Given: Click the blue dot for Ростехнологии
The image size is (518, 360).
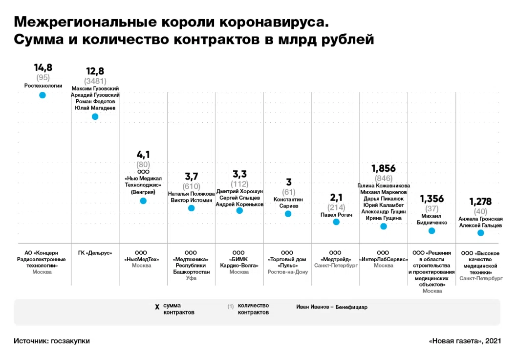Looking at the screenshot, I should pyautogui.click(x=43, y=95).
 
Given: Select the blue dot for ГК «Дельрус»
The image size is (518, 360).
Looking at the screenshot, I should pyautogui.click(x=95, y=116).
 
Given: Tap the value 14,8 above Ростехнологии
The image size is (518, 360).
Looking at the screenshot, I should pyautogui.click(x=43, y=67).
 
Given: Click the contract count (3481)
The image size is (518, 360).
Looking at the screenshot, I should pyautogui.click(x=95, y=81).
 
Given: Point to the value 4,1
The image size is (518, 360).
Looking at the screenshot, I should pyautogui.click(x=143, y=155).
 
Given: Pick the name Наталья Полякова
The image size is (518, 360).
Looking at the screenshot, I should pyautogui.click(x=191, y=194).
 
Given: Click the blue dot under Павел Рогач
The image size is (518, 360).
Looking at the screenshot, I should pyautogui.click(x=336, y=222).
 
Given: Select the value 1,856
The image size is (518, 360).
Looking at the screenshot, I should pyautogui.click(x=384, y=169).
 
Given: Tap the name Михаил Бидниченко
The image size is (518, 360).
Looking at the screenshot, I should pyautogui.click(x=432, y=219).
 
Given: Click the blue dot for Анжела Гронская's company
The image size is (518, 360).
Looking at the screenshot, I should pyautogui.click(x=480, y=232).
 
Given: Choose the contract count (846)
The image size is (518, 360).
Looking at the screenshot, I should pyautogui.click(x=384, y=179).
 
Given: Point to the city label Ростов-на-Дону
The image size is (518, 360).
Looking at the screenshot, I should pyautogui.click(x=288, y=272).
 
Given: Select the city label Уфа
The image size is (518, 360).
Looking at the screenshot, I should pyautogui.click(x=191, y=278).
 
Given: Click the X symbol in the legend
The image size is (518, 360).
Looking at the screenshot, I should pyautogui.click(x=157, y=307).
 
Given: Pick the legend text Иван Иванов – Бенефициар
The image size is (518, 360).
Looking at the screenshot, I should pyautogui.click(x=331, y=307).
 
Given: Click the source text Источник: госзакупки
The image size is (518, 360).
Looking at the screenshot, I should pyautogui.click(x=52, y=341).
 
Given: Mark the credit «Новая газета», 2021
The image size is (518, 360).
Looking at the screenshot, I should pyautogui.click(x=465, y=341).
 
